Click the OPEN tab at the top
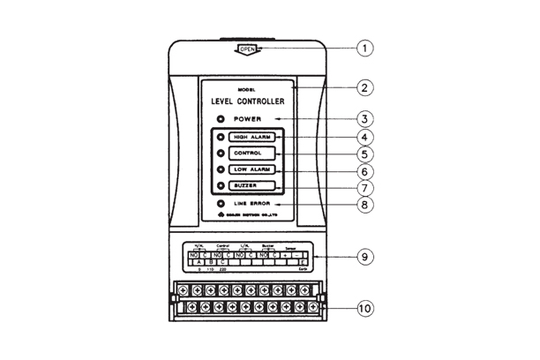247,49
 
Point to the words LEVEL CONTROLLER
247,101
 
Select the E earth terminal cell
302,263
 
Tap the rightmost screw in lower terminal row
312,308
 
